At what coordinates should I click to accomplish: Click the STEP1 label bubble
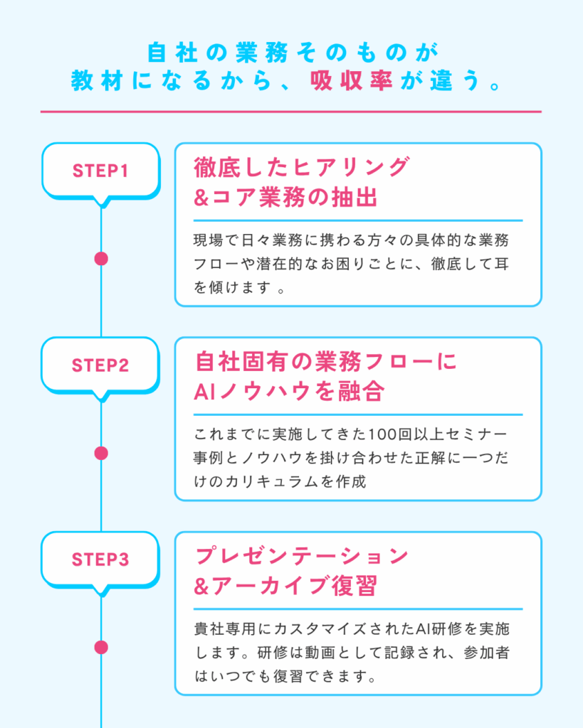100,171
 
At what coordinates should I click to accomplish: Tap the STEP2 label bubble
100,365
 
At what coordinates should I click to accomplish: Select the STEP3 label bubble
100,560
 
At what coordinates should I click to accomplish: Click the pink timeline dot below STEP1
101,259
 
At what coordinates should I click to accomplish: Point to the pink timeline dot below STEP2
101,453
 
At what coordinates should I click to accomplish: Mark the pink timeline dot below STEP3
101,647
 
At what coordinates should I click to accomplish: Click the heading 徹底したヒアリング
302,168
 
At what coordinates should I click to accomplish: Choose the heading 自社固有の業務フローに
325,362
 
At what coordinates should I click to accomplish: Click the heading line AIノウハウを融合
289,392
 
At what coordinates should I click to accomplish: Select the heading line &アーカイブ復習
285,586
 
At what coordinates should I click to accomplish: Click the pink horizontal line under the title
291,112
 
